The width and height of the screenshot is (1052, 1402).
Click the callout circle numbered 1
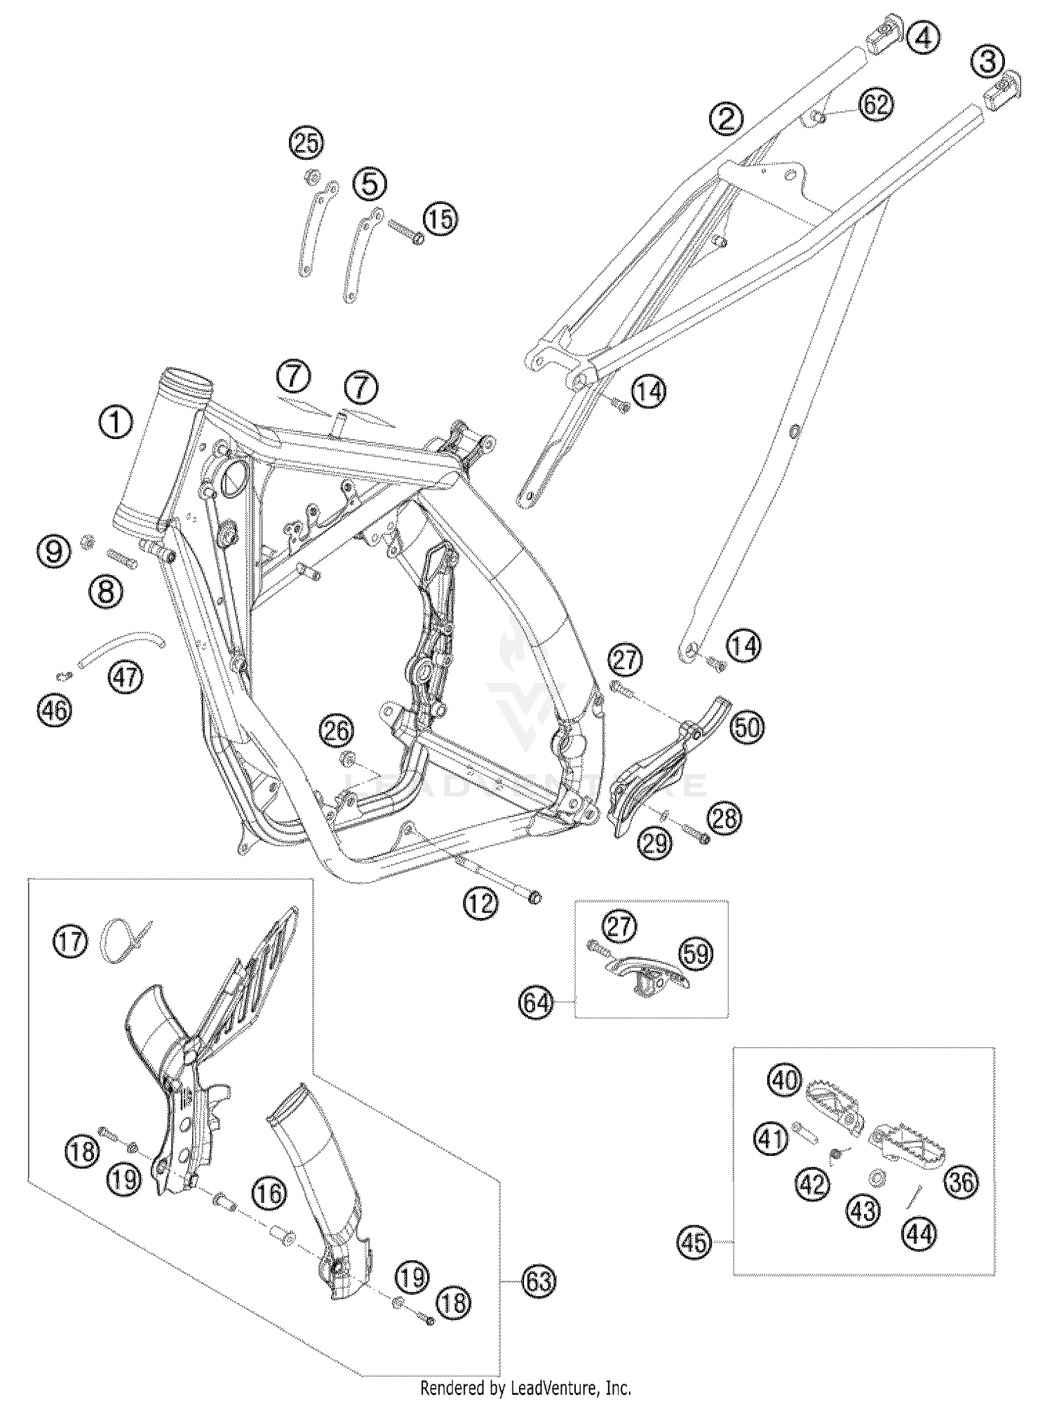click(116, 424)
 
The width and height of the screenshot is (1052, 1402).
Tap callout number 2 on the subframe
click(726, 119)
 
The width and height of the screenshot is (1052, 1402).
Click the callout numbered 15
click(440, 219)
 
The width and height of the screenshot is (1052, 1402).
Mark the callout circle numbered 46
click(55, 710)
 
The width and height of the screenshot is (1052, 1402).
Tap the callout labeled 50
click(746, 727)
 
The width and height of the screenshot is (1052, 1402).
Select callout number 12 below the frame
click(480, 903)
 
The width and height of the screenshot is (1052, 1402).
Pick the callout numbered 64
click(536, 1003)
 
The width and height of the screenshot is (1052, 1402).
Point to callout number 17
click(70, 941)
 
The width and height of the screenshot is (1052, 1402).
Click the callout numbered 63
click(539, 1281)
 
